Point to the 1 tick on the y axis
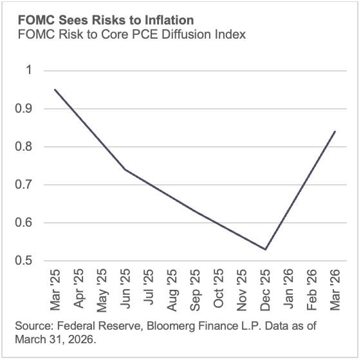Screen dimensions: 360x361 click(x=28, y=70)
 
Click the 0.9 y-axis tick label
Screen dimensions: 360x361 click(x=23, y=109)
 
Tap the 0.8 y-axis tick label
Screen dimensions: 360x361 click(x=23, y=147)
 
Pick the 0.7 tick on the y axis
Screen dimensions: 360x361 click(x=23, y=185)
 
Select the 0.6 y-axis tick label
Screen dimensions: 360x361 click(x=23, y=223)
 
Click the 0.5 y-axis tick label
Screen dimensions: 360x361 click(x=23, y=261)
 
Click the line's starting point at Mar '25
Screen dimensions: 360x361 click(x=55, y=90)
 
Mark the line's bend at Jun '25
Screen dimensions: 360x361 click(x=125, y=169)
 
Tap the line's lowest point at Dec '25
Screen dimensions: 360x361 click(x=265, y=249)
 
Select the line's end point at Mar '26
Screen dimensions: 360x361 click(x=335, y=131)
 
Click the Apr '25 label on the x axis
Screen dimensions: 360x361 click(x=79, y=287)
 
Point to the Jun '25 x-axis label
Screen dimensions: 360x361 click(x=125, y=287)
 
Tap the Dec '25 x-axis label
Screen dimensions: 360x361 click(x=265, y=287)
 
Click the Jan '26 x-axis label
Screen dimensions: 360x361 click(x=289, y=287)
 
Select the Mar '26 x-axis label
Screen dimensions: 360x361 click(x=335, y=287)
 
